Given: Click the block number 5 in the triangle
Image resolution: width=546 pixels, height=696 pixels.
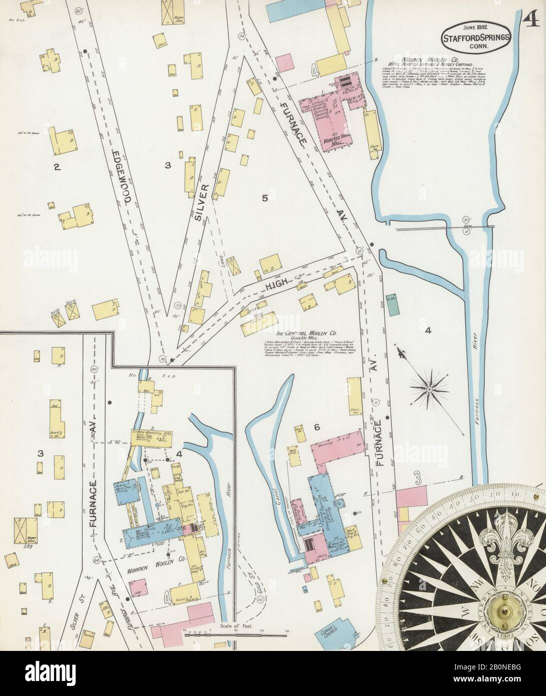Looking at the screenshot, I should [265, 198].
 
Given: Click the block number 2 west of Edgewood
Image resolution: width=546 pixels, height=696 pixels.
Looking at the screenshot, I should [57, 167].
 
